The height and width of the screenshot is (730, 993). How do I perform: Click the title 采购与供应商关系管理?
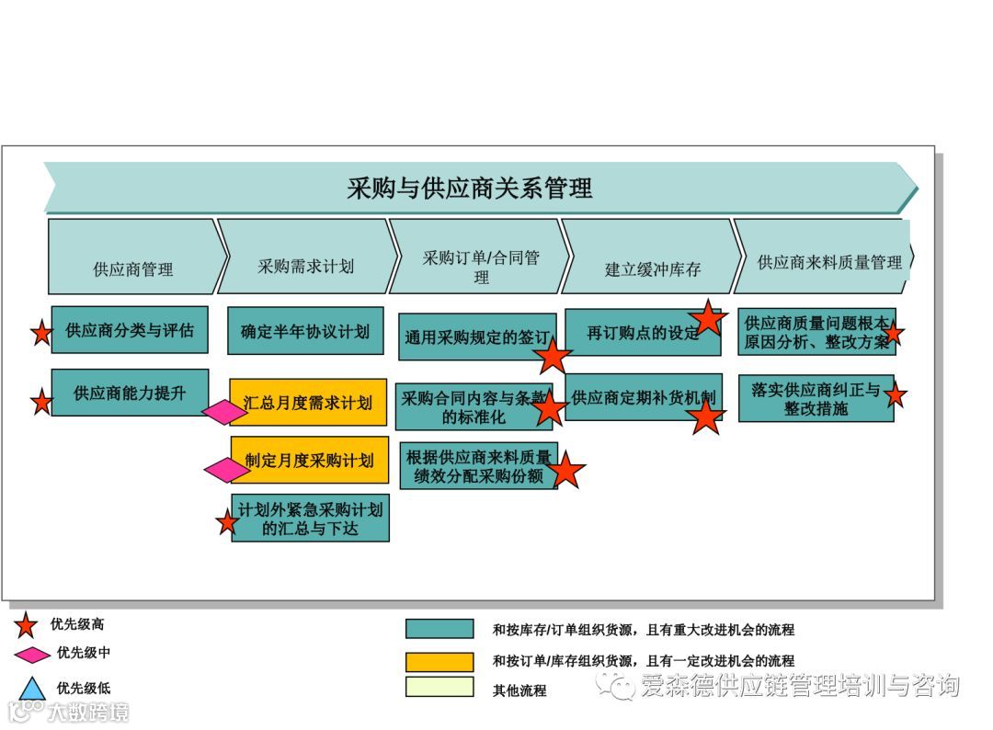point(469,188)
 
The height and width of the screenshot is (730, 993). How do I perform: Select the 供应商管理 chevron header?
point(133,268)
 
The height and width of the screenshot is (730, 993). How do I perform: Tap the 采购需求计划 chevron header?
point(305,266)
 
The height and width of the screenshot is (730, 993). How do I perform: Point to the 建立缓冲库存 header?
point(652,268)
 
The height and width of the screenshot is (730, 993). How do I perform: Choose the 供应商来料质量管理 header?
point(828,262)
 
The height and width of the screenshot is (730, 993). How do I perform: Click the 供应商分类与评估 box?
point(129,330)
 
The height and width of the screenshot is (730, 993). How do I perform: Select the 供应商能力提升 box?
point(130,393)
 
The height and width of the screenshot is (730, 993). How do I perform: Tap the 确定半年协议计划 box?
point(305,331)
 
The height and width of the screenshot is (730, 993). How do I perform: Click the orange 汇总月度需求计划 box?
point(308,402)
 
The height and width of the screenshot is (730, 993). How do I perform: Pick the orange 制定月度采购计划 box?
point(310,460)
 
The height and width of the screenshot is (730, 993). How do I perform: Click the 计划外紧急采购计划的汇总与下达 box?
point(310,519)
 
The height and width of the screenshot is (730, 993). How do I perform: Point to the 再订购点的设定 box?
point(643,332)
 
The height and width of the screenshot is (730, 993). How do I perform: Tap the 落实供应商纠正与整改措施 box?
point(816,398)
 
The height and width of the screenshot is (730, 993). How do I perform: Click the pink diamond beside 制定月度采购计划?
point(226,470)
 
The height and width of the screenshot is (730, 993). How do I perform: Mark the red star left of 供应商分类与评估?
point(41,332)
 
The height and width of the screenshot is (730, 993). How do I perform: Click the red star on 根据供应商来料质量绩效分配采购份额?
point(566,470)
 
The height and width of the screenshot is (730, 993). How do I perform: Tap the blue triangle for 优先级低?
point(32,688)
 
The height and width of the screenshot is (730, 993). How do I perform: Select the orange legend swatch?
point(439,660)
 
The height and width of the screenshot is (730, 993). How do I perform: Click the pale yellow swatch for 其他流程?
point(439,688)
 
